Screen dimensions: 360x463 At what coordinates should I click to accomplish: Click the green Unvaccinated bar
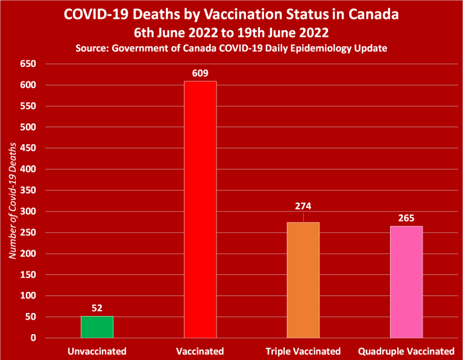point(97,327)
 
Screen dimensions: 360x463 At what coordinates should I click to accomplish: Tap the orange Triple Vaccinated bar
point(303,280)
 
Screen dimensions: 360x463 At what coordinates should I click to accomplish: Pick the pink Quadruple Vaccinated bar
point(406,282)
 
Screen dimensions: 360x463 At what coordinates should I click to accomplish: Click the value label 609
point(200,74)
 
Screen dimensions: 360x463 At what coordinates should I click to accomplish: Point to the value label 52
point(97,308)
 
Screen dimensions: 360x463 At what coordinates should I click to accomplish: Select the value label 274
point(303,206)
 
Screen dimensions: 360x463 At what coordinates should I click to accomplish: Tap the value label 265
point(406,218)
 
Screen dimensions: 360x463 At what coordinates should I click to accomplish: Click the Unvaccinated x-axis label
point(97,351)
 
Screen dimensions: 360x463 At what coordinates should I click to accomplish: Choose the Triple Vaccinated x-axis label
point(303,351)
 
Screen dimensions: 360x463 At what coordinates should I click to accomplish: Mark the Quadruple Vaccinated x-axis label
point(406,351)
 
